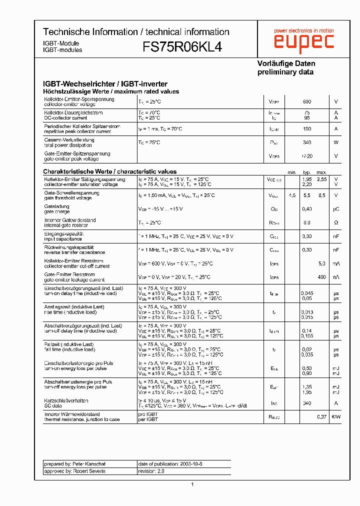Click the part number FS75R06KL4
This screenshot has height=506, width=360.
pyautogui.click(x=183, y=46)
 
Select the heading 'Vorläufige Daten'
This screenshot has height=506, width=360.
pyautogui.click(x=286, y=63)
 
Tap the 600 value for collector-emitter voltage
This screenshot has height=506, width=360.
pyautogui.click(x=307, y=102)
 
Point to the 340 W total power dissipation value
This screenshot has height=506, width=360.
pyautogui.click(x=307, y=142)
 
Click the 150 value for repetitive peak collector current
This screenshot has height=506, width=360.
pyautogui.click(x=307, y=129)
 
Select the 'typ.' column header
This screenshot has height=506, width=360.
pyautogui.click(x=307, y=172)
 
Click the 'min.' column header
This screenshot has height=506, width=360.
pyautogui.click(x=292, y=172)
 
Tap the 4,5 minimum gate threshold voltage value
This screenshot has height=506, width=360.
pyautogui.click(x=292, y=195)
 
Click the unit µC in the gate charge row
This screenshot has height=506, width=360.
pyautogui.click(x=336, y=209)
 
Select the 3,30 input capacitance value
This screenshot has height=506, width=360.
pyautogui.click(x=307, y=236)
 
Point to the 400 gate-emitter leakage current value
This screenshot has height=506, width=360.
pyautogui.click(x=321, y=277)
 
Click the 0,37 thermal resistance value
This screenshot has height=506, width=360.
pyautogui.click(x=321, y=416)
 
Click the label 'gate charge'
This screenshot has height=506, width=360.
pyautogui.click(x=57, y=211)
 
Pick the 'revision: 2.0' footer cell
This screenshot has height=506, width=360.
pyautogui.click(x=151, y=471)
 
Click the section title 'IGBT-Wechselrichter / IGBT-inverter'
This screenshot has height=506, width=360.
pyautogui.click(x=105, y=84)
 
